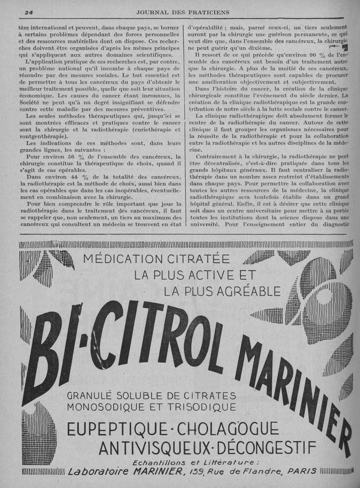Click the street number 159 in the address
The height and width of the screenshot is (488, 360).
coord(199,471)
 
